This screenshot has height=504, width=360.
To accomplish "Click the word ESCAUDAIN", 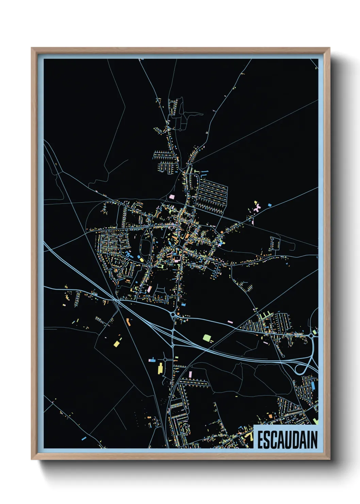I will [287, 440].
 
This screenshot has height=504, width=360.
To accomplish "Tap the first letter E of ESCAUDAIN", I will [260, 440].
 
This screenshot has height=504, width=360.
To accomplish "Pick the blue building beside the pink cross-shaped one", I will [270, 205].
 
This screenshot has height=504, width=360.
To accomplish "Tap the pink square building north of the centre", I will [172, 197].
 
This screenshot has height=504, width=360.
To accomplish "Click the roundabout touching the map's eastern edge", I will [311, 336].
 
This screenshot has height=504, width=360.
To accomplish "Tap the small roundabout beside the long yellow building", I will [165, 359].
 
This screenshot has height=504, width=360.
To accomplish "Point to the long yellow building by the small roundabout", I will [160, 368].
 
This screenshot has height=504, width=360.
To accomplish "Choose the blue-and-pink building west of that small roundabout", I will [152, 360].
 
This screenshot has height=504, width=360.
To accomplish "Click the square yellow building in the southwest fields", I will [116, 343].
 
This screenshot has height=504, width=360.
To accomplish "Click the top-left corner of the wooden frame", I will [32, 48].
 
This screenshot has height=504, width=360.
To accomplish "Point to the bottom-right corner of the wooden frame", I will [329, 459].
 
